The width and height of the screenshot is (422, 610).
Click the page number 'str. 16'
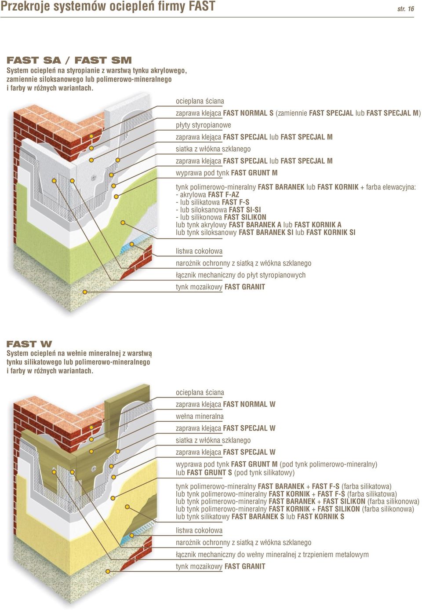pos(405,9)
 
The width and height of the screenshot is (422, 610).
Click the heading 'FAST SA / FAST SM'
pos(69,60)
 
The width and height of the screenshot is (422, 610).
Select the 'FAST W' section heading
pos(29,344)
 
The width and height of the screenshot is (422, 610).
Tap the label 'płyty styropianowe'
pos(204,125)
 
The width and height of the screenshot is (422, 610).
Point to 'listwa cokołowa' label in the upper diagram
pos(199,251)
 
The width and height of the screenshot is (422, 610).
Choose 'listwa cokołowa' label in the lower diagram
pos(199,530)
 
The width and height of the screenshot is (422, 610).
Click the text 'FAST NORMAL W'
pos(249,404)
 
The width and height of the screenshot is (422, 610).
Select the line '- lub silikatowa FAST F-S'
pos(213,202)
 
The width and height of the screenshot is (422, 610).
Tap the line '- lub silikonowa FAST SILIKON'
pos(221,217)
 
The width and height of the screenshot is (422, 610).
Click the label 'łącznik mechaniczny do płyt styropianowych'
pos(241,275)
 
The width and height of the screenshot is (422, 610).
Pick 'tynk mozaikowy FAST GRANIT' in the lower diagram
pos(221,566)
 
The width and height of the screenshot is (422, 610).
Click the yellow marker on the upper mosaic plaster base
pos(85,292)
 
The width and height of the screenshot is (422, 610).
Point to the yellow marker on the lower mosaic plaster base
pos(108,571)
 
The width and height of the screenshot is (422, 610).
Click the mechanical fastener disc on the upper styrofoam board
pos(94,178)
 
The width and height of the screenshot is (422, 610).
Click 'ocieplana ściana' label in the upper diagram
pos(200,101)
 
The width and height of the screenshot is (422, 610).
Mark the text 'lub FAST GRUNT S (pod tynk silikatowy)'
pos(235,472)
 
